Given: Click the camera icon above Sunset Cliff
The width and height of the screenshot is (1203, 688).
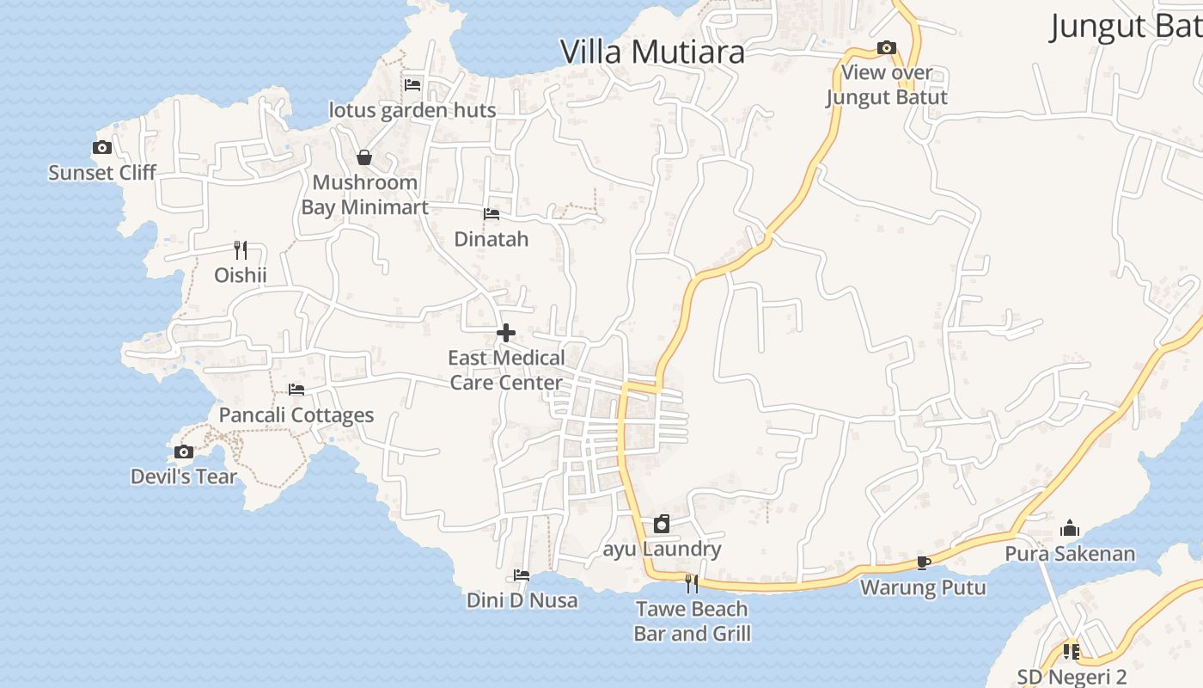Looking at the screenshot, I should point(102,148).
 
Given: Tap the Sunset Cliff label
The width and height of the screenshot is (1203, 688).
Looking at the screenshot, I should point(102,173).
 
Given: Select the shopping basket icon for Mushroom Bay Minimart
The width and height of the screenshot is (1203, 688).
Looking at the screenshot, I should point(364,157).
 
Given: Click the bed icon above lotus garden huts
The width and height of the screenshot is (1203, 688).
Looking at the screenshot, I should point(412,84).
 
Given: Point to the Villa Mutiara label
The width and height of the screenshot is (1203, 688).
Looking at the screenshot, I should point(652,52).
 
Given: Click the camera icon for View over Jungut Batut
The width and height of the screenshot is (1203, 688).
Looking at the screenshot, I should point(887,48).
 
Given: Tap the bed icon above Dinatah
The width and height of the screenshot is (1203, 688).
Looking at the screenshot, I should point(492,213).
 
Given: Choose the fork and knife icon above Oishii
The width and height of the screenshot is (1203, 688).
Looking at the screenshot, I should point(241,250).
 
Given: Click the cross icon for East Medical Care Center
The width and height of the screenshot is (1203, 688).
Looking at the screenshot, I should point(506,333).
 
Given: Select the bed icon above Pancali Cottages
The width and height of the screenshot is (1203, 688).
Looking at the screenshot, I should point(296,390).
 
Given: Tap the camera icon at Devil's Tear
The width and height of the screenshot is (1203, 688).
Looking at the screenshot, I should point(184,451).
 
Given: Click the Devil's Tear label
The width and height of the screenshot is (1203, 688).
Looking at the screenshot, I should point(184,476).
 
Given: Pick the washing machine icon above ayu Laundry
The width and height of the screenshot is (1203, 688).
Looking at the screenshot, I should point(662,524).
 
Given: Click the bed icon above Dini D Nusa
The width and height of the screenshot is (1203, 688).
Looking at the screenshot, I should point(522,574).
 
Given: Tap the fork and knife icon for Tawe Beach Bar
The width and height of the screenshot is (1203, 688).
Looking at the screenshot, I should point(692,584).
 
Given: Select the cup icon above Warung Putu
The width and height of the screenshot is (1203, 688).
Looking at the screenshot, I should point(924,562).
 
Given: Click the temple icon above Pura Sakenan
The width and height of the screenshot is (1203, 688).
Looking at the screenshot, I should point(1070,527).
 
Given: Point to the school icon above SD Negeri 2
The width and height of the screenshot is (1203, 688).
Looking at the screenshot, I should point(1071,652).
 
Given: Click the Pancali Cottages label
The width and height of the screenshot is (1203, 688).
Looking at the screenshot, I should point(296,415).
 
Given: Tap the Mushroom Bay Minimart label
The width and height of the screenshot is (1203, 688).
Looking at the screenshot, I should point(364,195).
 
